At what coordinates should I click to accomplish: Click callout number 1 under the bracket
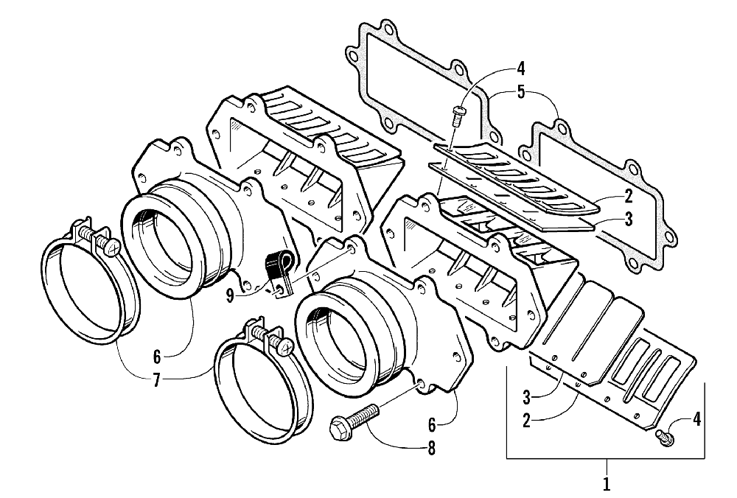(x=607, y=484)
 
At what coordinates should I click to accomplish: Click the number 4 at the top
(x=521, y=71)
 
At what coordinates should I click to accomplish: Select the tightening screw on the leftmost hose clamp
(x=103, y=242)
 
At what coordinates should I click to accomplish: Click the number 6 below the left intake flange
(x=156, y=357)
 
